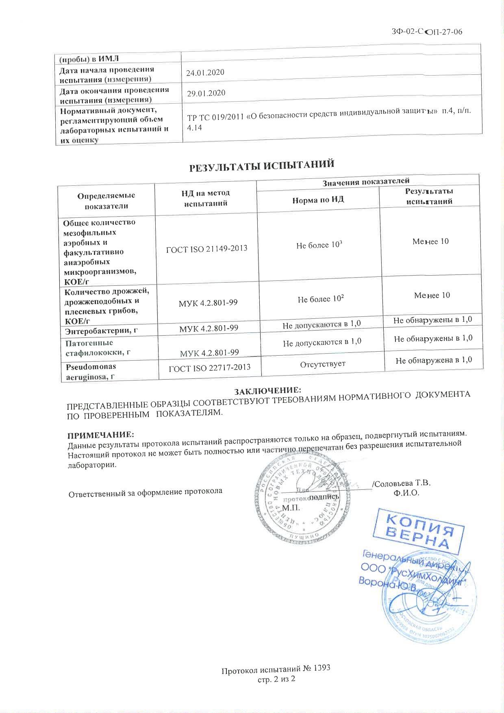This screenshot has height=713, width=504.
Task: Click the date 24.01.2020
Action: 205,73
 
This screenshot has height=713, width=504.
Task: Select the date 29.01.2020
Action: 206,93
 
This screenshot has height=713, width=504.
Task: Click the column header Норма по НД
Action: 318,200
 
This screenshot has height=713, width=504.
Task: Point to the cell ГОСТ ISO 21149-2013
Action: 207,248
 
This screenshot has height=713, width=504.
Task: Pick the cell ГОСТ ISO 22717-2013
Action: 210,368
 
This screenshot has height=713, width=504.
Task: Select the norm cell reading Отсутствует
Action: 323,363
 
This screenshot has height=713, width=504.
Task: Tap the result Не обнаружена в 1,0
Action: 434,360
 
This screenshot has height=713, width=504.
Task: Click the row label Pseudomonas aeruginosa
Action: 91,372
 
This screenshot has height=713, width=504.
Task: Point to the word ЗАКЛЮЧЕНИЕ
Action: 268,391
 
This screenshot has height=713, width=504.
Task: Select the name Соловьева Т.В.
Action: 402,484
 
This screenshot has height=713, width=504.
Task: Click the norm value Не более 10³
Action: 319,246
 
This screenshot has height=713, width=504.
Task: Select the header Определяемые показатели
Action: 106,201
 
